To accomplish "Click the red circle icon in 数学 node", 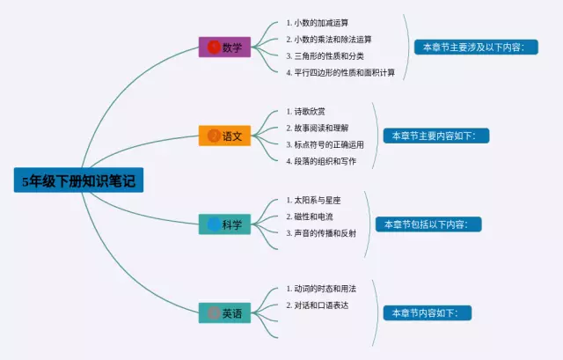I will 214,47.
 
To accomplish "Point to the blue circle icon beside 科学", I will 214,224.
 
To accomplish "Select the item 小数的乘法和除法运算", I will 333,39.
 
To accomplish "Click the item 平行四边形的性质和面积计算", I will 344,72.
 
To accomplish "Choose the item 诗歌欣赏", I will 310,112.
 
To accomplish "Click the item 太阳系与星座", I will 317,200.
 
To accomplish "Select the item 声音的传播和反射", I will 325,233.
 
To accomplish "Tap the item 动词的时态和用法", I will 325,289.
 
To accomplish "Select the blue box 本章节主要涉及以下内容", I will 473,47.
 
